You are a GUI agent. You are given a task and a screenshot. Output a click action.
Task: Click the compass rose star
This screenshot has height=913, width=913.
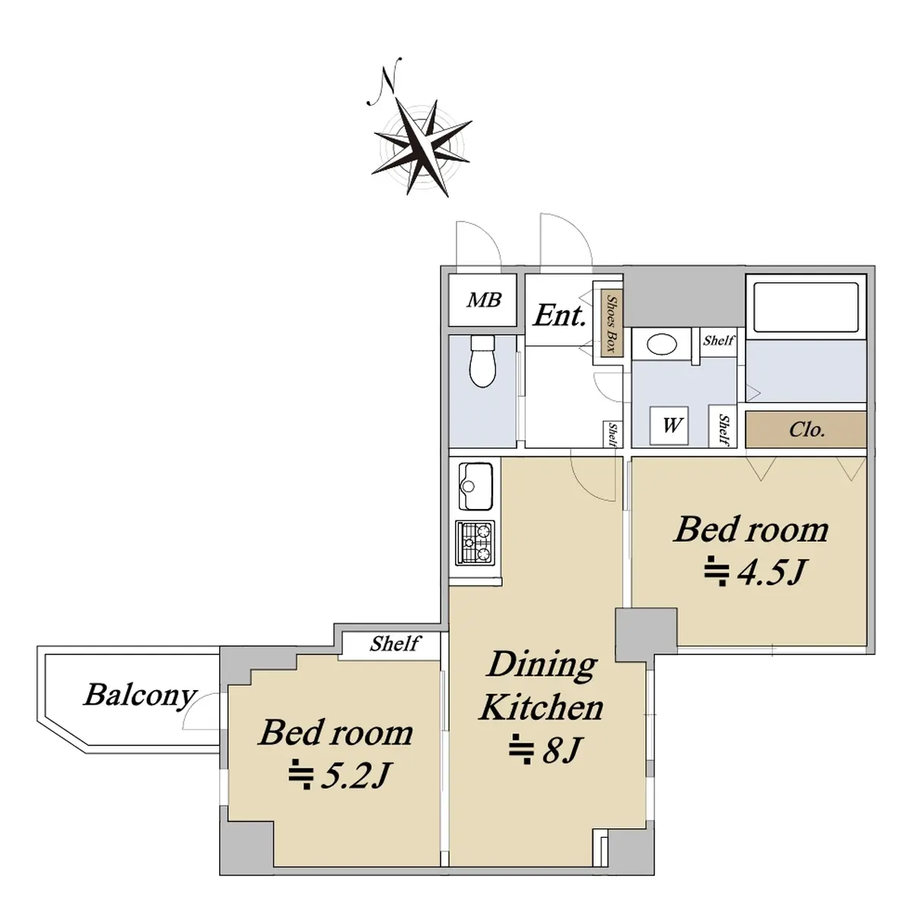pos(422,148)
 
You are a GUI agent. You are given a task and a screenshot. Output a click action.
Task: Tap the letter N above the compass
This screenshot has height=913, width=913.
pos(384,81)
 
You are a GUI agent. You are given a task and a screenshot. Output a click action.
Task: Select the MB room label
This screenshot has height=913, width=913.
pos(484,300)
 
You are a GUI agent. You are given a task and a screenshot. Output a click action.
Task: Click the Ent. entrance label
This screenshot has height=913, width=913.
pos(559,315)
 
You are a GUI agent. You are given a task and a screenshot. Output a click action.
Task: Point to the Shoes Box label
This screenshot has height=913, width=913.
pos(611,324)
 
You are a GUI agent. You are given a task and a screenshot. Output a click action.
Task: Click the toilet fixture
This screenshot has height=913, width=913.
pos(482,361)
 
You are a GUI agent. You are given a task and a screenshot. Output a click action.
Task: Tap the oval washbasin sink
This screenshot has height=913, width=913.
pos(662,344)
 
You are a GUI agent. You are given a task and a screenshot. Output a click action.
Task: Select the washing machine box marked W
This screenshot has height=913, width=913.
pos(669,425)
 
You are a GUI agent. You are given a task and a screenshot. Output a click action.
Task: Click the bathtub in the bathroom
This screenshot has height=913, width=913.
pos(806,307)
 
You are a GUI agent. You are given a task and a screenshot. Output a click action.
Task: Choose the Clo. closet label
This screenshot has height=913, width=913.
pos(807,430)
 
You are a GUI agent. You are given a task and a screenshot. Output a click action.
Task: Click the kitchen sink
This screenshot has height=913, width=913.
pos(476,486)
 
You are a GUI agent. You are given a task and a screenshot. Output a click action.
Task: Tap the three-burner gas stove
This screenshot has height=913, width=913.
pos(475,543)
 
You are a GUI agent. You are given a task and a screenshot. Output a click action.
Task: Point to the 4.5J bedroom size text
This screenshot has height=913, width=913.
pos(755,572)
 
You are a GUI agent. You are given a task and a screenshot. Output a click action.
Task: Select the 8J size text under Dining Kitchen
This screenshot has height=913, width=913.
pos(545,750)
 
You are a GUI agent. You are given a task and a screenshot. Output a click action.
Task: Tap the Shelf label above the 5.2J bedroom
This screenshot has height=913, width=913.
pos(395,644)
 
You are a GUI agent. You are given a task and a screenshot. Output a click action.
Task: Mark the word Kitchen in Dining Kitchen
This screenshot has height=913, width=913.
pos(541,708)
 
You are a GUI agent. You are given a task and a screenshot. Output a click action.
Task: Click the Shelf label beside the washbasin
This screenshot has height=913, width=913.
pos(718,340)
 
